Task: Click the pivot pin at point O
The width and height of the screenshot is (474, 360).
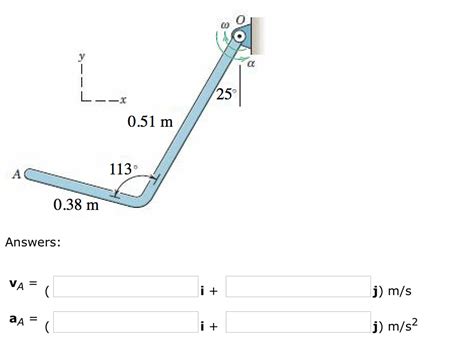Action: click(239, 36)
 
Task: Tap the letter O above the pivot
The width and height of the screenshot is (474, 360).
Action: click(240, 20)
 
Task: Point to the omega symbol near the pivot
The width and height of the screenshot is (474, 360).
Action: click(226, 25)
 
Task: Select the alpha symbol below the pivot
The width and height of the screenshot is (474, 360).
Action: click(251, 63)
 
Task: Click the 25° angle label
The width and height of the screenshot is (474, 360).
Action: click(226, 94)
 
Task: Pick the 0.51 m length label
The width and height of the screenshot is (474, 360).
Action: click(150, 121)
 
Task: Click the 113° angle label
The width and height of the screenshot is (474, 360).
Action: click(123, 169)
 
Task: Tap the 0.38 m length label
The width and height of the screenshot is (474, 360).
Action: click(76, 204)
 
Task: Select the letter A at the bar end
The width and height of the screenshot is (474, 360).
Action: click(16, 174)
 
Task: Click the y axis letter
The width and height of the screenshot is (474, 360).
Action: click(82, 56)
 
